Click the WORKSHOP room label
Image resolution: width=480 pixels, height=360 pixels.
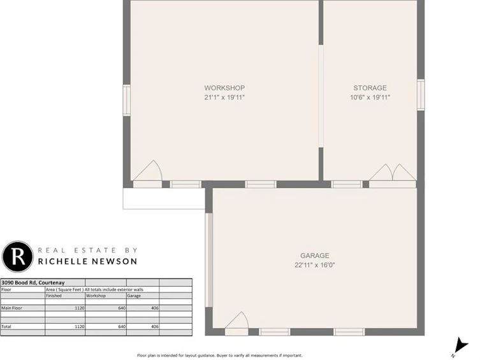pos(224,88)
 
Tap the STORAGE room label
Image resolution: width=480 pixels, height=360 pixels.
pos(370,88)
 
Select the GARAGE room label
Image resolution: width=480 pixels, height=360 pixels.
pos(315,256)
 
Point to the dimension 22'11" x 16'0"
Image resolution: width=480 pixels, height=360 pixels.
pos(315,265)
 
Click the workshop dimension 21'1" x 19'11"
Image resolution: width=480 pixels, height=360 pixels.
pos(224,97)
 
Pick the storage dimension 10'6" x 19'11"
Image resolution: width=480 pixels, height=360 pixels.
pos(370,97)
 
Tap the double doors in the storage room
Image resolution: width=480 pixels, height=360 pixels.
pos(393,176)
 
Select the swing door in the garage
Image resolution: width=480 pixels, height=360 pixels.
pos(236,324)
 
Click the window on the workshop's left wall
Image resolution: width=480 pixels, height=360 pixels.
pos(126,100)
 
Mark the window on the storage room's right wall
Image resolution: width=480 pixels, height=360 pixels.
pos(421,94)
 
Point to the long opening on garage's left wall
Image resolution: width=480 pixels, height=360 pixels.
pos(209,260)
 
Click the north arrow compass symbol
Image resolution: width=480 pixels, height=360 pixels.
pos(460,347)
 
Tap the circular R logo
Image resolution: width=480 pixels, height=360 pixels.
pos(17,257)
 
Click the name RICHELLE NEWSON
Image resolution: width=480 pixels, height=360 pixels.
pos(87,261)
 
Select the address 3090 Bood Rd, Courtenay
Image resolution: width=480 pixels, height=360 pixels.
pos(33,283)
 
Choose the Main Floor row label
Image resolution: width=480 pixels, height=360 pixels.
pos(11,308)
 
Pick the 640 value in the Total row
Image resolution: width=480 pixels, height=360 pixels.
pos(122,327)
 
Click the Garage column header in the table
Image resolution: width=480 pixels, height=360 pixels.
pos(134,296)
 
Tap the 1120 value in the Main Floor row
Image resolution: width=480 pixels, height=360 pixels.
pos(80,308)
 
